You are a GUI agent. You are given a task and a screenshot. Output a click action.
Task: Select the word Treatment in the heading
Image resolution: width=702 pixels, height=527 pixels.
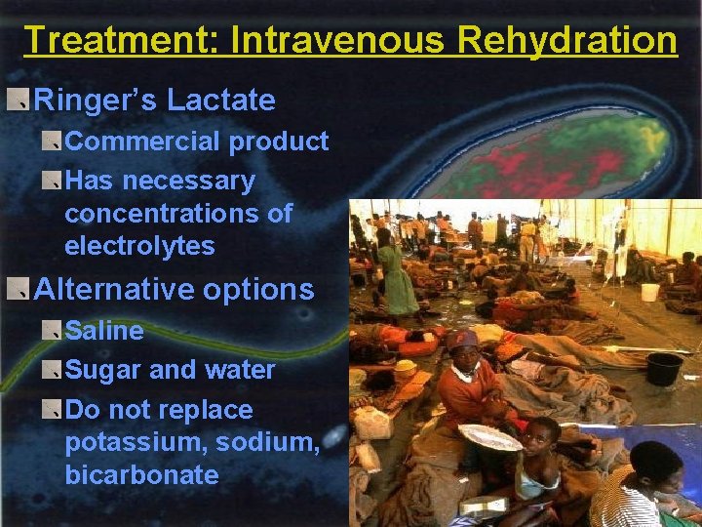click(x=113, y=41)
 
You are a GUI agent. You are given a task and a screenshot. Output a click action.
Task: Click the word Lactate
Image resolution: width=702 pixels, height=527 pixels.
click(x=221, y=100)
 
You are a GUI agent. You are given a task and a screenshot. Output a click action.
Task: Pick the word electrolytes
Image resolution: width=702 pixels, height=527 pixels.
click(x=139, y=245)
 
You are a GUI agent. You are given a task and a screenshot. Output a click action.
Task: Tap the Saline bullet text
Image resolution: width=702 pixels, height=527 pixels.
click(x=104, y=331)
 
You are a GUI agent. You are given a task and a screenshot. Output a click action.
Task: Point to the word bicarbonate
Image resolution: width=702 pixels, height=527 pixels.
click(x=141, y=475)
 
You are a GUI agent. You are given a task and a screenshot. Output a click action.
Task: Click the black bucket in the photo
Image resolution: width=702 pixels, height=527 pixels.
click(x=664, y=368)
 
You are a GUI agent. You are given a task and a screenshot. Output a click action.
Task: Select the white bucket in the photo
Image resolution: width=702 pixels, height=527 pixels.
click(x=649, y=292)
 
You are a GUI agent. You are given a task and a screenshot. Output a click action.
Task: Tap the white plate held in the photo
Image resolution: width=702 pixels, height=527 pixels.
click(x=489, y=437)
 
